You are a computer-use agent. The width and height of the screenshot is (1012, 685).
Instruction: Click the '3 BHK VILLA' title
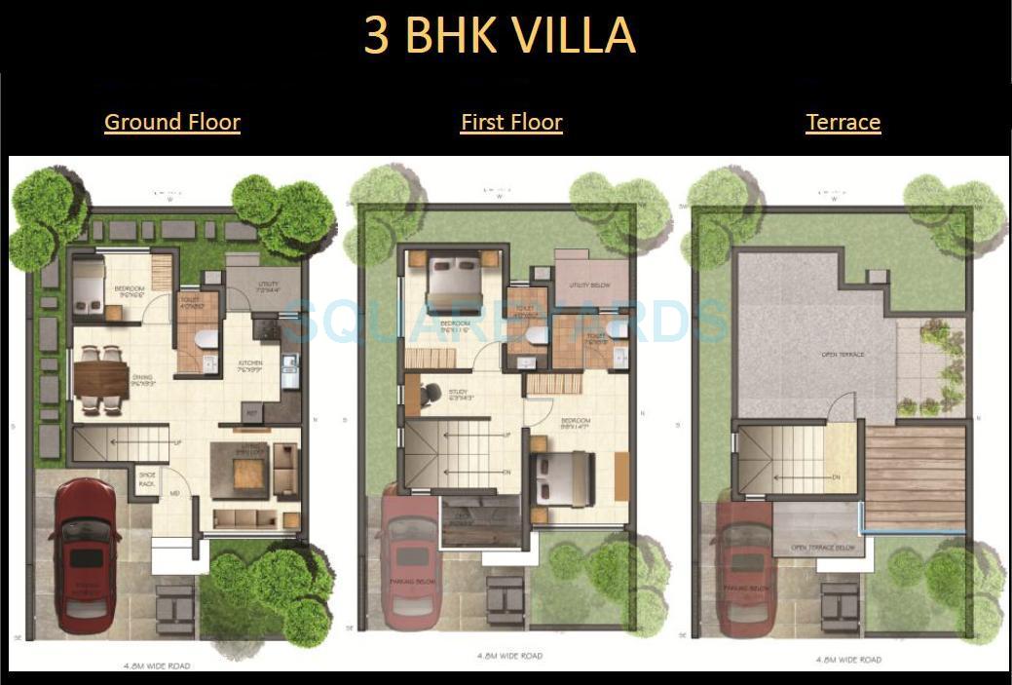(500, 35)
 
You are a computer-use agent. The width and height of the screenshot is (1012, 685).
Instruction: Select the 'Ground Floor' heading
(172, 122)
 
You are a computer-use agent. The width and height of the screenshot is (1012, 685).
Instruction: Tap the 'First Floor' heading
(511, 122)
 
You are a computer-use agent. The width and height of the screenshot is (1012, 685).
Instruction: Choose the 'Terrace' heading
(843, 122)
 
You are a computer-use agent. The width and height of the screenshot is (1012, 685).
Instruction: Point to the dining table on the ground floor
(100, 378)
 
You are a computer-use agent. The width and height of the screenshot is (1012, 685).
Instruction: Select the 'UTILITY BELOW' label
(589, 285)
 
